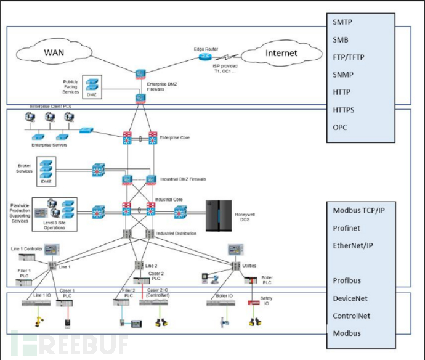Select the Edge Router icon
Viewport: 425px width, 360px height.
[x=205, y=56]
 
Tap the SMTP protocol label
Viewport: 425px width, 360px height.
[x=344, y=22]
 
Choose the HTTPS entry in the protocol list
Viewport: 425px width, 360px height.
[x=345, y=110]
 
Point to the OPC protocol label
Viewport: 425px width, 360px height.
[x=341, y=128]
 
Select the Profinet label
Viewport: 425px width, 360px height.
[x=347, y=228]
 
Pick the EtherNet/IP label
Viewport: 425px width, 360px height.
[x=353, y=245]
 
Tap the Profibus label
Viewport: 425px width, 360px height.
[x=348, y=280]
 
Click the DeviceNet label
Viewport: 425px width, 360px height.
[x=350, y=298]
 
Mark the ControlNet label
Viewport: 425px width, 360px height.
[x=352, y=316]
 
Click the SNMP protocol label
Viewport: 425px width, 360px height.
[x=344, y=75]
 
